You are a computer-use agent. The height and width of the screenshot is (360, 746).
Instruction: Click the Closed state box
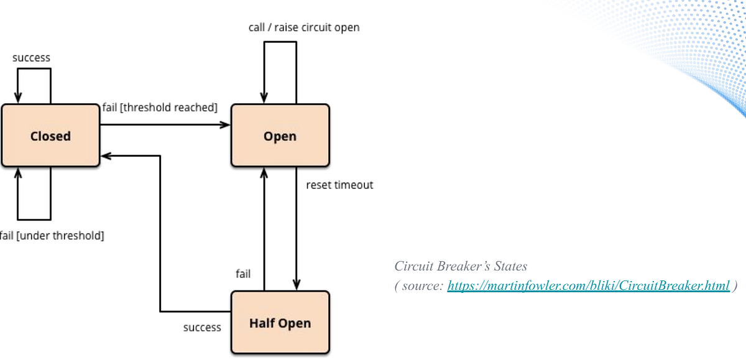point(50,136)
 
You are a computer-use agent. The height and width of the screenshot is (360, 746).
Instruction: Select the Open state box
point(280,136)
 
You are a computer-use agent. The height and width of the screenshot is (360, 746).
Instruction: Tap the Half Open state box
point(280,323)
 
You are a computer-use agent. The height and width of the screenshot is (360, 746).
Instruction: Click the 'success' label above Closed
point(31,58)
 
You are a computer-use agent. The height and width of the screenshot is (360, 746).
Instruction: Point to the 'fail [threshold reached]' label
point(160,108)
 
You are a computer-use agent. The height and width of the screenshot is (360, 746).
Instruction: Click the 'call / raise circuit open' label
point(303,27)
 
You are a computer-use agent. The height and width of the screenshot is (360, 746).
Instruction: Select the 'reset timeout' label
point(339,185)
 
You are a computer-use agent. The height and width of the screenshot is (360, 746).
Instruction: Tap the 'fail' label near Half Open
point(243,274)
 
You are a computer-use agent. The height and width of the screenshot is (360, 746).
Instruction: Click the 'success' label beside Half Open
point(202,327)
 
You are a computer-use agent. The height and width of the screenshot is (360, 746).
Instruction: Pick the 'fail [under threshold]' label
point(52,236)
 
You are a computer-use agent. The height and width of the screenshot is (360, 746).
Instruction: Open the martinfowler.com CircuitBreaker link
point(588,285)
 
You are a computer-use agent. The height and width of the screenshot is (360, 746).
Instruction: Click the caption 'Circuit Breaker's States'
point(461,266)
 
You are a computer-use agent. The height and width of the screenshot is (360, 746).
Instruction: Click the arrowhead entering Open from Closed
point(226,125)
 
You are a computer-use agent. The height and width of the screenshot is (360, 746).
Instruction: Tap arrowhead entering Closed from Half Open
point(106,155)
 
